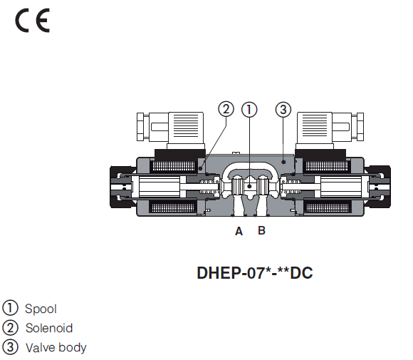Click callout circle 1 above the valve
pyautogui.click(x=249, y=109)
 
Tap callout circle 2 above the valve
pyautogui.click(x=226, y=109)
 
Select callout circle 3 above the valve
pyautogui.click(x=283, y=109)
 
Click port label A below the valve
pyautogui.click(x=239, y=231)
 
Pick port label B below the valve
pyautogui.click(x=261, y=231)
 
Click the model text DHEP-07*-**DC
pyautogui.click(x=254, y=272)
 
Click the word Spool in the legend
pyautogui.click(x=41, y=309)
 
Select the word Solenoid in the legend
pyautogui.click(x=48, y=328)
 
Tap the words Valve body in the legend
pyautogui.click(x=56, y=347)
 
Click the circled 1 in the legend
pyautogui.click(x=10, y=309)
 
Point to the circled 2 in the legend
pyautogui.click(x=10, y=328)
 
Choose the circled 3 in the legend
pyautogui.click(x=10, y=347)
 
